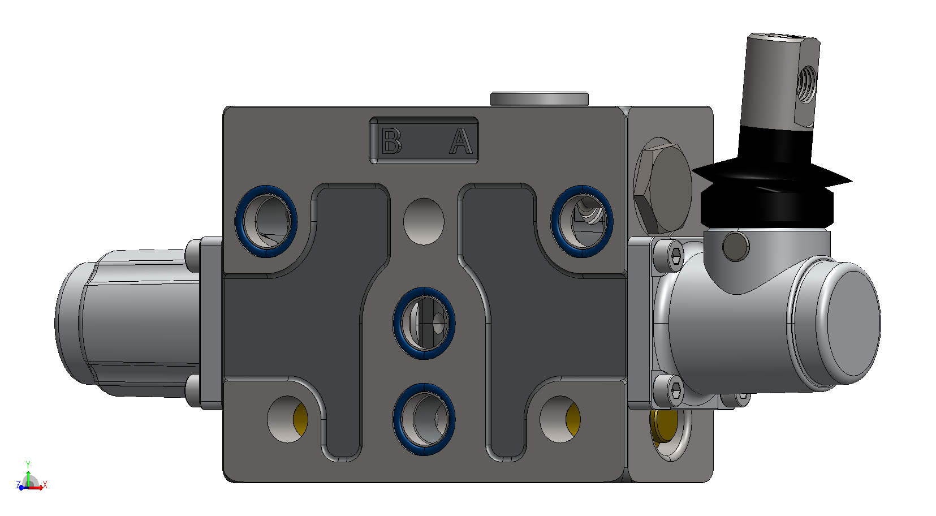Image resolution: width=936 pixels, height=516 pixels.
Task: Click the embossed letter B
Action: [x=391, y=141]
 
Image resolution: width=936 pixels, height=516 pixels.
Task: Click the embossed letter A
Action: [x=461, y=141]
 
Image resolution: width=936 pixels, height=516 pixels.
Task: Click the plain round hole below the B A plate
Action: [x=424, y=222]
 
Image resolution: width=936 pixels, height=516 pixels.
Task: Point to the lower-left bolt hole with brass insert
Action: [x=287, y=419]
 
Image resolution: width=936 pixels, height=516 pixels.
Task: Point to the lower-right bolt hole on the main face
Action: [x=560, y=419]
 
